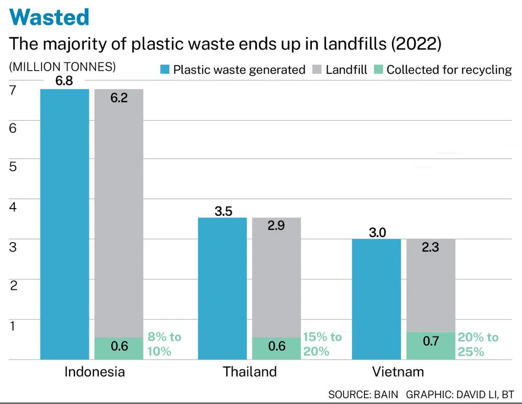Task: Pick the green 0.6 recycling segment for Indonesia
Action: tap(119, 349)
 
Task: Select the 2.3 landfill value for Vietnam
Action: tap(430, 247)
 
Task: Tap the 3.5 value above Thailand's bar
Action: tap(223, 211)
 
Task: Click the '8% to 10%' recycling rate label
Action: tap(164, 344)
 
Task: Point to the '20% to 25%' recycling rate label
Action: tap(478, 344)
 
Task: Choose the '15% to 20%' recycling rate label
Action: tap(322, 344)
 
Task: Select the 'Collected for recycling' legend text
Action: tap(449, 70)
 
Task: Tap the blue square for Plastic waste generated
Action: tap(165, 70)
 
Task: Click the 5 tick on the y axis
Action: tap(13, 166)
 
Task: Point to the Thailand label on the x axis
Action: tap(250, 371)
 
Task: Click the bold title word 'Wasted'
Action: tap(49, 17)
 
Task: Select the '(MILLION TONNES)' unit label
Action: tap(62, 66)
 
